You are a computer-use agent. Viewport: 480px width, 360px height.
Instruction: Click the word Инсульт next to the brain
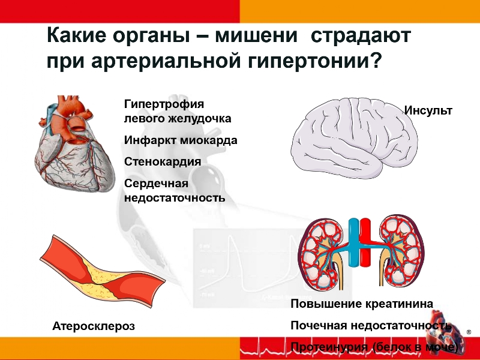tap(428, 110)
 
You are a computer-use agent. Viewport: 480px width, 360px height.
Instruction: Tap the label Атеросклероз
tap(94, 326)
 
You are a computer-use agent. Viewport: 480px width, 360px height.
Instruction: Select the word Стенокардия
tap(163, 161)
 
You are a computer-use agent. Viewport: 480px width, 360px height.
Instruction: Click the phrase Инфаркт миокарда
tap(181, 140)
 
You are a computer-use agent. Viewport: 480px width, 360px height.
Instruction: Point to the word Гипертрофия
tap(164, 104)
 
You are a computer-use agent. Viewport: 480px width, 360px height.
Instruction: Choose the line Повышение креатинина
tap(362, 304)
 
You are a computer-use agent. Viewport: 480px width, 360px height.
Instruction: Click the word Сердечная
tap(156, 184)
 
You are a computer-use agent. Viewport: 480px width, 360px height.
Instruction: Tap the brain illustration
tap(354, 138)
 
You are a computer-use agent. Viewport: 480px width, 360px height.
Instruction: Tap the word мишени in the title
tap(256, 35)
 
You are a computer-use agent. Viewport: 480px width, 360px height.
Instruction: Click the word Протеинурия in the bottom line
tap(329, 347)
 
